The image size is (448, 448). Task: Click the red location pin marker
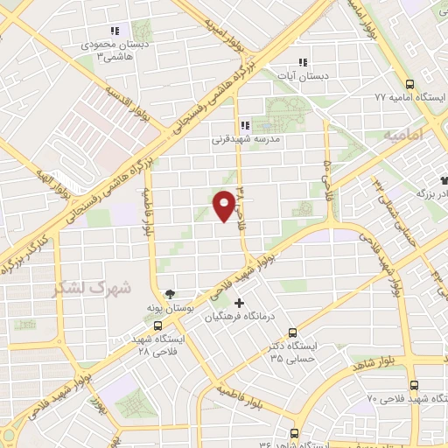(x=225, y=204)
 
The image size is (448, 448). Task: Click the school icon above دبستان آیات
(x=303, y=62)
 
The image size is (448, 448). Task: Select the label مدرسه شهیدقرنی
(x=246, y=138)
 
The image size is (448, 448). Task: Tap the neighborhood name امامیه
(x=402, y=136)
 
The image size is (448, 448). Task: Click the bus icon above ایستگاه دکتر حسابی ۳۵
(x=293, y=332)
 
